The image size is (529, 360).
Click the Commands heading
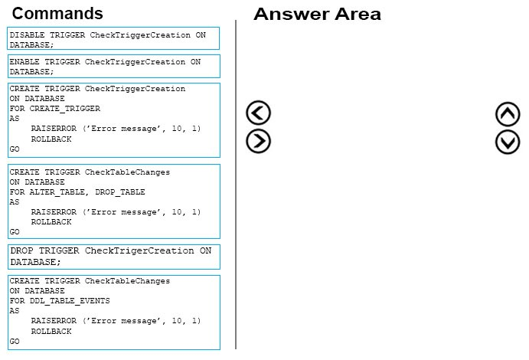[x=57, y=14]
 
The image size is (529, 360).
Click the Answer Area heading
[x=317, y=15]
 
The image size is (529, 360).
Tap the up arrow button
[x=508, y=114]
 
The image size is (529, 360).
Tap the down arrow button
[x=508, y=142]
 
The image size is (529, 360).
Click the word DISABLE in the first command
[x=27, y=35]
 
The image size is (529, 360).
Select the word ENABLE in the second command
[x=24, y=62]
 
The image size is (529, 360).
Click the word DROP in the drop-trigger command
[x=21, y=250]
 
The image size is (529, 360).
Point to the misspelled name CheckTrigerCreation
[x=139, y=250]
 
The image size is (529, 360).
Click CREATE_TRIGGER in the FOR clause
[x=65, y=109]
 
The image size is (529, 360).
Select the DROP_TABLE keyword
[x=119, y=192]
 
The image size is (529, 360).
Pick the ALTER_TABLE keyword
[x=57, y=192]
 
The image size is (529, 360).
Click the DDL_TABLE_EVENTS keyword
[x=70, y=300]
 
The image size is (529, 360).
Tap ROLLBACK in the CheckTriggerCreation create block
[x=51, y=139]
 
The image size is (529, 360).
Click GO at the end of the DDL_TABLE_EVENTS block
[x=15, y=341]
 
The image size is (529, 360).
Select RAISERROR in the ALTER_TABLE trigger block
[x=54, y=212]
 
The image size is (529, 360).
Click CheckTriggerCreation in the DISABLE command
[x=140, y=35]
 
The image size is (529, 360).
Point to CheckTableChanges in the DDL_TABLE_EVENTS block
[x=127, y=280]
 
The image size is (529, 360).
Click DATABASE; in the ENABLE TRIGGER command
[x=31, y=72]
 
